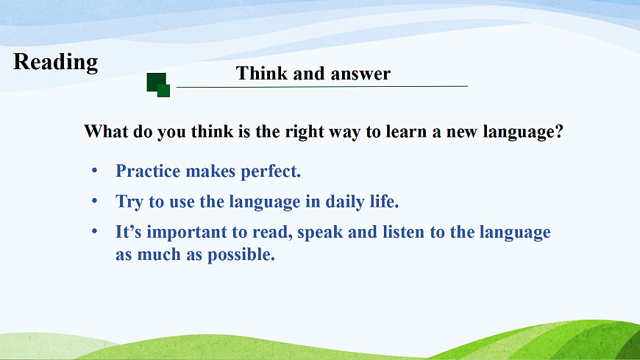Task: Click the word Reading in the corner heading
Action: point(55,63)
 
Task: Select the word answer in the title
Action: point(360,74)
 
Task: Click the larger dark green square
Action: point(157,82)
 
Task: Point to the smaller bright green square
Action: point(163,91)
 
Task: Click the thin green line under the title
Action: point(322,87)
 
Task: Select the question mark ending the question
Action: point(559,132)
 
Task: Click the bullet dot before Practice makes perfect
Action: point(95,170)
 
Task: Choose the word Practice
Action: point(148,171)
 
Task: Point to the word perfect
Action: point(271,172)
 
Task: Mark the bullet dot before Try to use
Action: point(95,201)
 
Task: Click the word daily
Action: point(345,202)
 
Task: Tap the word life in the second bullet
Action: point(385,202)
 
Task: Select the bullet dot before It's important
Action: point(95,231)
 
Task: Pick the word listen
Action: point(403,232)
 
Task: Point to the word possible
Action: point(241,255)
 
